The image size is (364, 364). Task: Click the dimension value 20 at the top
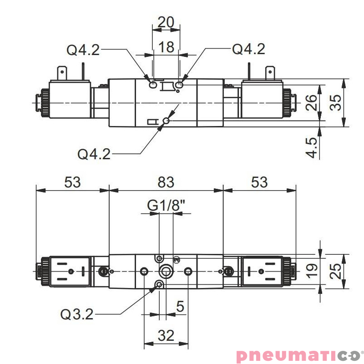(x=166, y=22)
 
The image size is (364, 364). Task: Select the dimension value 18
(x=167, y=47)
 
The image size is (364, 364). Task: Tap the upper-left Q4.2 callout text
(x=83, y=50)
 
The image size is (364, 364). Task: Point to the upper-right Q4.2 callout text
(x=248, y=49)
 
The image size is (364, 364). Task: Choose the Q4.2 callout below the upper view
(x=94, y=154)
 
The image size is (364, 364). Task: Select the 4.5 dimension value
(x=311, y=147)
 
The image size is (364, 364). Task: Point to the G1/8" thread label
(x=167, y=206)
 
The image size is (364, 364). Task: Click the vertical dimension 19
(x=311, y=272)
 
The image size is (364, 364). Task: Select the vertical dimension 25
(x=336, y=272)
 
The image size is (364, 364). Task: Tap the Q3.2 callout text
(x=77, y=314)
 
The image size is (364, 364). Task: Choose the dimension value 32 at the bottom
(x=166, y=336)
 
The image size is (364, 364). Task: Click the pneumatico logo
(x=298, y=355)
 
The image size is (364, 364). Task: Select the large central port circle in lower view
(x=164, y=272)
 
